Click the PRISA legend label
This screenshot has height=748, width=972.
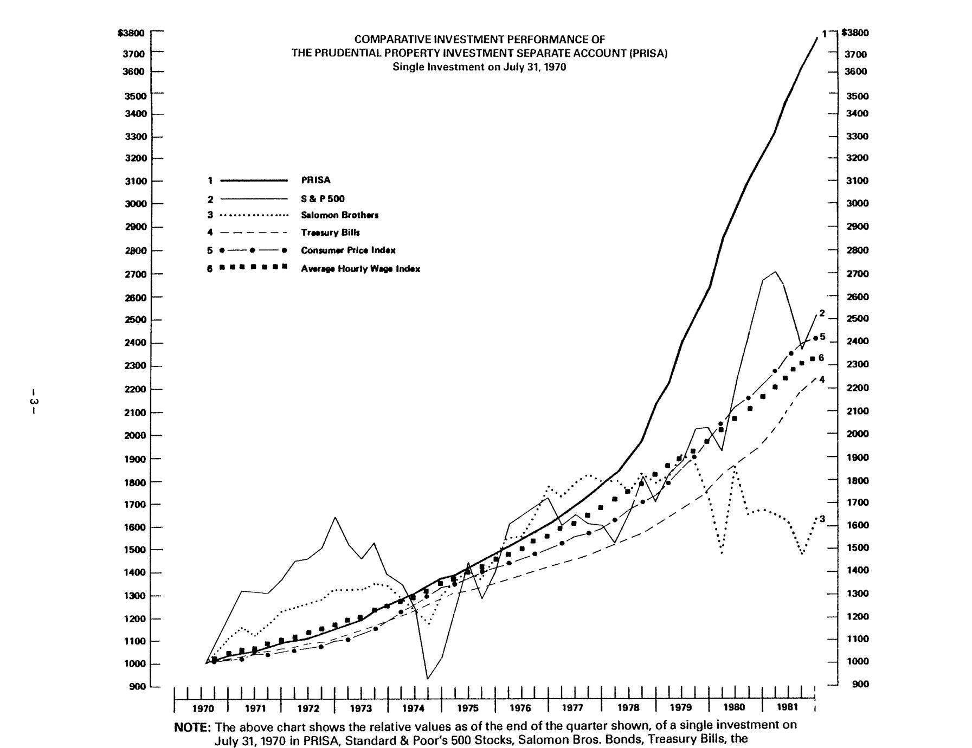click(x=316, y=180)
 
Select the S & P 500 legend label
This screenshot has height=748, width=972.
click(x=323, y=199)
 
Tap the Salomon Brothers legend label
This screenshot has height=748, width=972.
click(x=339, y=215)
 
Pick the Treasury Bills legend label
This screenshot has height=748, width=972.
click(x=330, y=233)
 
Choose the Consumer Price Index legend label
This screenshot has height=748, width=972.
click(x=348, y=250)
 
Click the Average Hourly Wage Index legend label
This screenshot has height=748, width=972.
click(x=361, y=269)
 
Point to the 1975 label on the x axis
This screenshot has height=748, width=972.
click(x=468, y=708)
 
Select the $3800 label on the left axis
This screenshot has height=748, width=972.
click(x=131, y=33)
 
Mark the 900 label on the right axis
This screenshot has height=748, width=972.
click(x=860, y=685)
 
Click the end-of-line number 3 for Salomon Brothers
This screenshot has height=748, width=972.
click(x=822, y=519)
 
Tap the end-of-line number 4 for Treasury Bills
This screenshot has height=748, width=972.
click(x=822, y=379)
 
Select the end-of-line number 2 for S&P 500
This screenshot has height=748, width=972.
click(x=822, y=313)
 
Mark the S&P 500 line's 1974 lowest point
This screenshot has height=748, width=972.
click(x=428, y=678)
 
